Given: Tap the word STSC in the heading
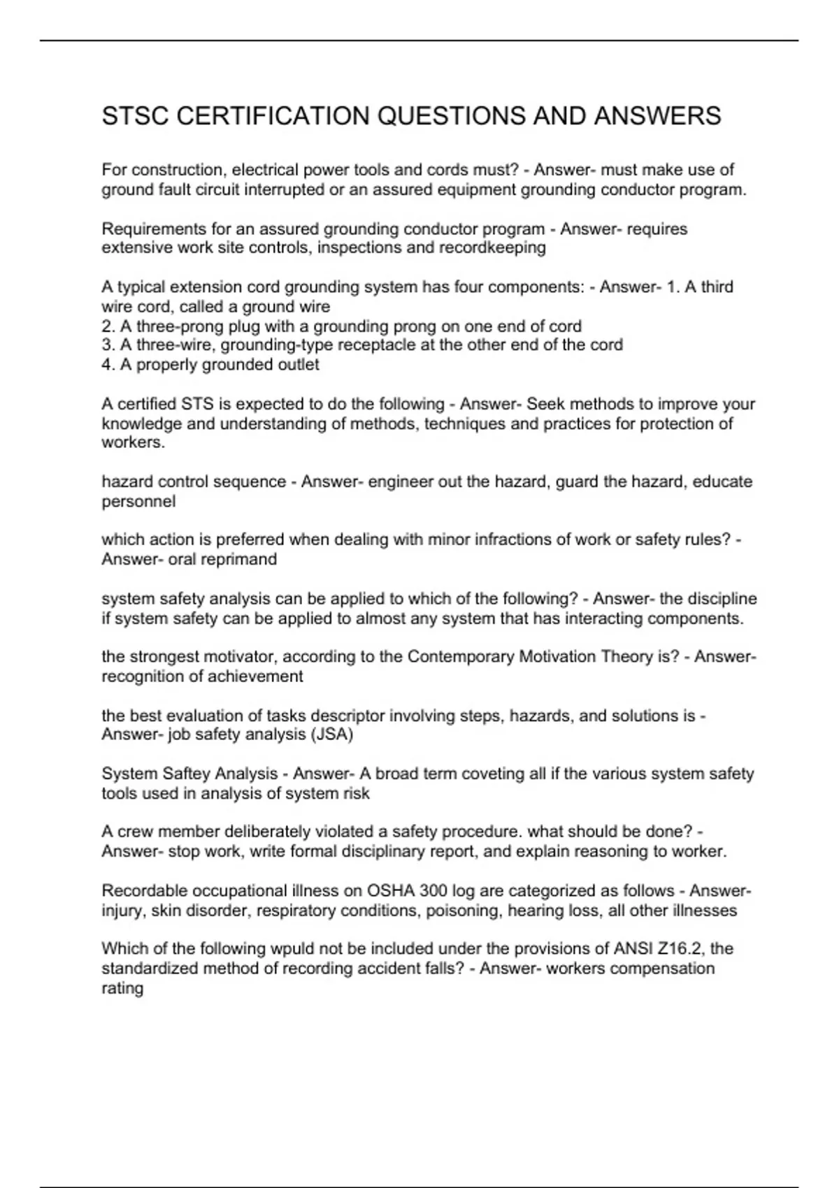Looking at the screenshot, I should click(x=135, y=116).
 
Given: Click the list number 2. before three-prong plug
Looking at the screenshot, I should click(x=108, y=326).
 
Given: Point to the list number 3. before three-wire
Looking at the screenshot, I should click(x=108, y=345).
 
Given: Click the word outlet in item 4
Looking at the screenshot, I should click(x=298, y=365).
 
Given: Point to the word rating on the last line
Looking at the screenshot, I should click(x=122, y=989).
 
